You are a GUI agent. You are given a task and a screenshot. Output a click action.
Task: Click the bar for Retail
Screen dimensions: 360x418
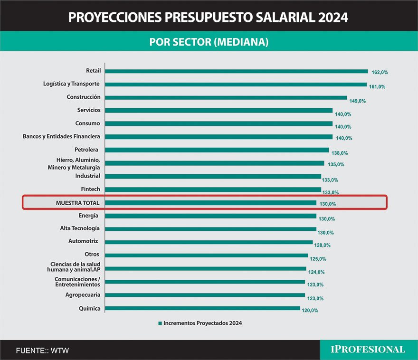click(x=236, y=71)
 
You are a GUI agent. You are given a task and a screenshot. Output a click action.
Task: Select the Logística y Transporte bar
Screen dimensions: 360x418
click(x=236, y=85)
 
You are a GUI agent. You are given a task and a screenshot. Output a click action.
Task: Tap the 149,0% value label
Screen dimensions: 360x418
click(x=358, y=101)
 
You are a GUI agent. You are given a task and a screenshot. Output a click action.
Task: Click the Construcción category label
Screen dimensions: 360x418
click(x=84, y=97)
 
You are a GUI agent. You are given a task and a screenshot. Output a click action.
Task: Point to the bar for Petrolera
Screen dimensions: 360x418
click(x=217, y=150)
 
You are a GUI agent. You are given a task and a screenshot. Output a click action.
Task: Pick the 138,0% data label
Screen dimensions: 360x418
click(x=340, y=153)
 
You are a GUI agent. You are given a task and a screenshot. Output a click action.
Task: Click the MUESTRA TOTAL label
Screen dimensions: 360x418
click(x=77, y=203)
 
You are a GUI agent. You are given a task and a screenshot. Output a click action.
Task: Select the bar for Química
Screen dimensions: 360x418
click(x=202, y=308)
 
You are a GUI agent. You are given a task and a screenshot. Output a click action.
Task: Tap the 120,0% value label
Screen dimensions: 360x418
click(x=310, y=311)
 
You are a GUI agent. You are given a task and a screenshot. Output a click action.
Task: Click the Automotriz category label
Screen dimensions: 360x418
click(x=83, y=241)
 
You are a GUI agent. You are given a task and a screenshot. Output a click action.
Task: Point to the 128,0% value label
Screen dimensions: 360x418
click(x=323, y=246)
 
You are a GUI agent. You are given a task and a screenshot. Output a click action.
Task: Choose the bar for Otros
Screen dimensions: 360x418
click(x=206, y=255)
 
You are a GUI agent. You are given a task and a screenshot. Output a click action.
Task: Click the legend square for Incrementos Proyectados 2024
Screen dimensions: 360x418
click(x=160, y=323)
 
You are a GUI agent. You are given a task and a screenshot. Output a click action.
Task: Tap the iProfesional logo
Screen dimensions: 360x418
click(x=368, y=350)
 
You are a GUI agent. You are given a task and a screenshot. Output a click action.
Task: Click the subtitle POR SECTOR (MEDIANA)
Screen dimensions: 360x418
click(x=209, y=42)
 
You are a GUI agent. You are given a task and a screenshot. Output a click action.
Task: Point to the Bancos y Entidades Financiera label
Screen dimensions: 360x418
click(x=61, y=137)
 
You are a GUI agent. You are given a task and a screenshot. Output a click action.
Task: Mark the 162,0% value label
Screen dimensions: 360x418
click(x=380, y=73)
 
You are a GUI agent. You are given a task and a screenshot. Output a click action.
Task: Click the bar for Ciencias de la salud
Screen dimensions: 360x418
click(x=205, y=268)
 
